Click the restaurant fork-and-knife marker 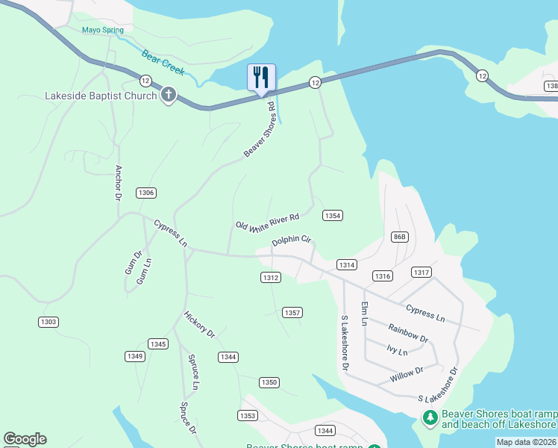point(261,78)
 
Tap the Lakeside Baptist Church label point(101,96)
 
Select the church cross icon point(169,95)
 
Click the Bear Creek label point(163,61)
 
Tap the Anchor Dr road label point(117,183)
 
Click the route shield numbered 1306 point(146,193)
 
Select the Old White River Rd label point(267,223)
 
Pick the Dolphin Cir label point(291,240)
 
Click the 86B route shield point(400,237)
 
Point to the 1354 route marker point(333,215)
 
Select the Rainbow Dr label point(408,333)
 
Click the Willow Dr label point(407,375)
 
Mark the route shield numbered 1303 point(48,322)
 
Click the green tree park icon point(430,417)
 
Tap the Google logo point(25,439)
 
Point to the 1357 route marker point(292,312)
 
